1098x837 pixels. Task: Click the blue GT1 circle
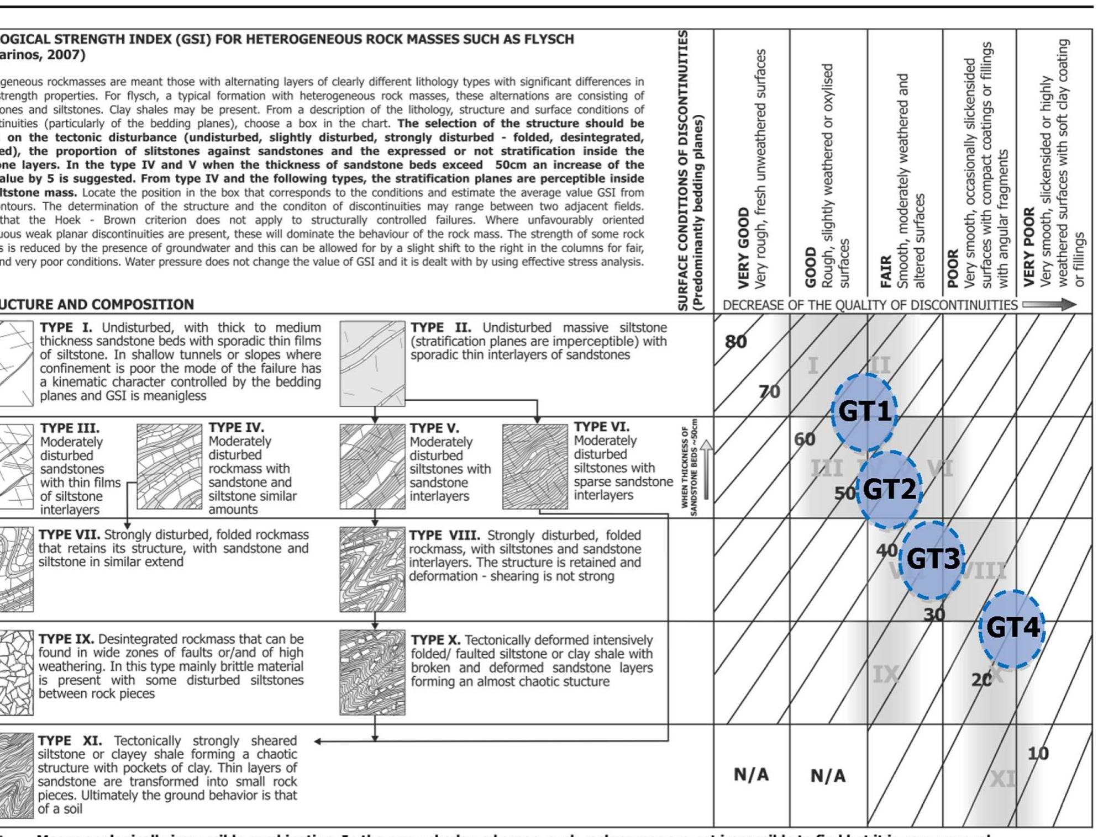[864, 411]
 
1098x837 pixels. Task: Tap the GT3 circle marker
[933, 559]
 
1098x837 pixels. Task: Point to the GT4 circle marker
[1012, 628]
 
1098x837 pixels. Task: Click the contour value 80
[735, 342]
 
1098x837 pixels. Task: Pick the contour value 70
[769, 392]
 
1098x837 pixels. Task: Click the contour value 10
[1037, 754]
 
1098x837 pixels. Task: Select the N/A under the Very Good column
[751, 775]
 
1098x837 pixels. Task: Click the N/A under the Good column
[827, 776]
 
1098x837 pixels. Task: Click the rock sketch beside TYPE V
[372, 467]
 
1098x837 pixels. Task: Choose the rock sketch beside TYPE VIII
[372, 569]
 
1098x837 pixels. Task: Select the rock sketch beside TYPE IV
[169, 467]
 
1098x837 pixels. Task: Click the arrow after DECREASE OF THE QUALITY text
[1048, 305]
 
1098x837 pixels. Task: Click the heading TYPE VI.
[601, 427]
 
